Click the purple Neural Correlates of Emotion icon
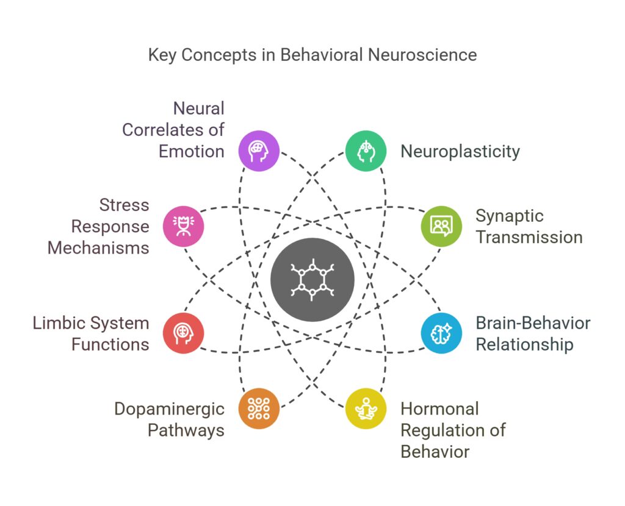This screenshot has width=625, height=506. pos(259,151)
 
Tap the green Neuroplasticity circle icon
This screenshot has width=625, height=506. pos(366,151)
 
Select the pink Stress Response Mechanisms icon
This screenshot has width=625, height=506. pos(184,226)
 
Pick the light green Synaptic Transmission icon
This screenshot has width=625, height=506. pos(441,226)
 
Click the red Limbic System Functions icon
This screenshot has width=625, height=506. pos(184,333)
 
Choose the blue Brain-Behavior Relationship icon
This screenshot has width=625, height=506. pos(441,333)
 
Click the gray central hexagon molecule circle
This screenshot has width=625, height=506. pos(312,280)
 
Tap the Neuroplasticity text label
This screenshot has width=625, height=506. pos(460,151)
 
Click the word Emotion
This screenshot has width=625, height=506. pos(192,151)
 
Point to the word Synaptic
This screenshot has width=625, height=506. pos(510,216)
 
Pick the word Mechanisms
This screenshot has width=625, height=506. pos(98,248)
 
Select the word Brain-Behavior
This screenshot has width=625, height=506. pos(533,323)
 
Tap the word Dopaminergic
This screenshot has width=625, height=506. pos(170,409)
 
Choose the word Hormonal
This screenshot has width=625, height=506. pos(439,409)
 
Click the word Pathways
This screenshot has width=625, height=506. pos(186,430)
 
